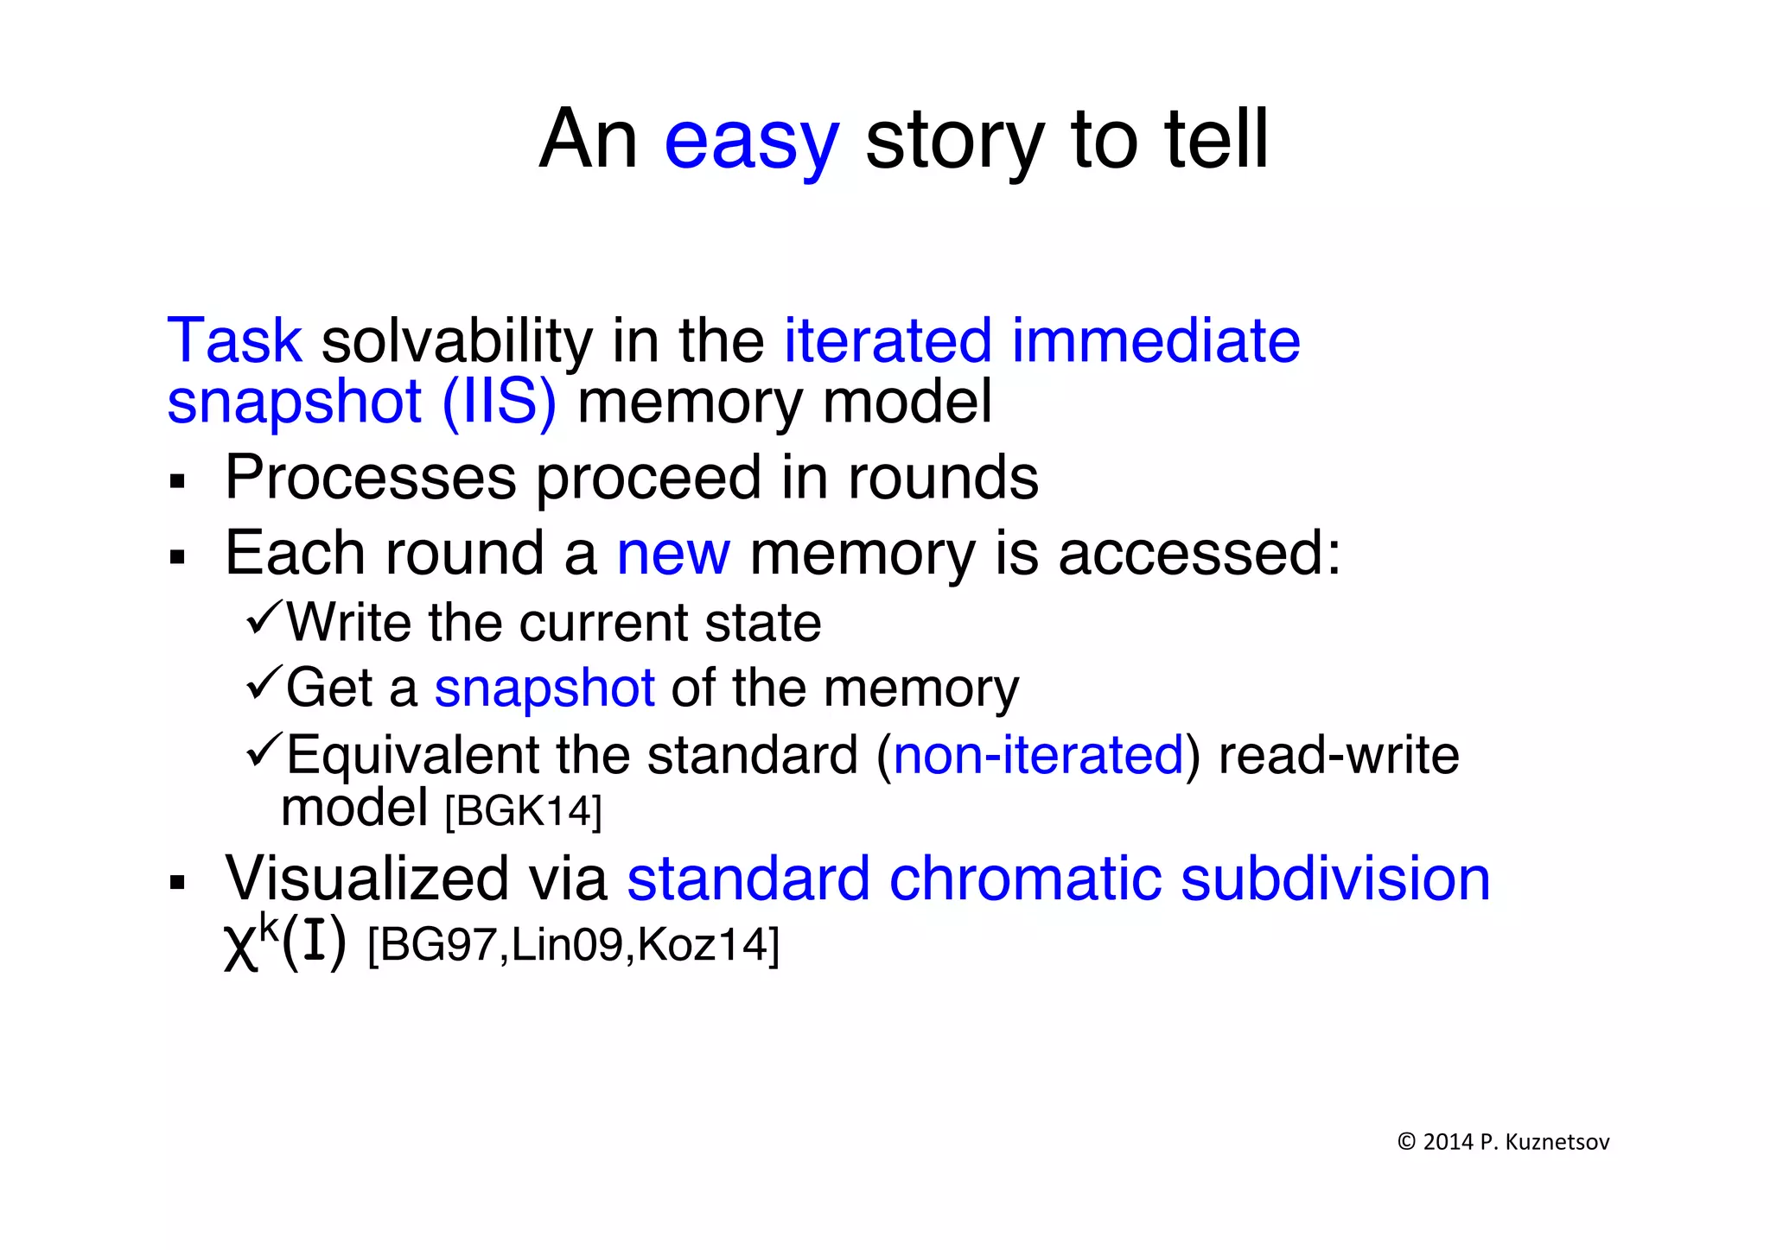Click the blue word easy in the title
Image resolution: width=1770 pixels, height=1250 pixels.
tap(751, 142)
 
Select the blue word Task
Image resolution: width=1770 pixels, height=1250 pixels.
tap(234, 340)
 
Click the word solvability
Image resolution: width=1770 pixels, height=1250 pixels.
tap(456, 342)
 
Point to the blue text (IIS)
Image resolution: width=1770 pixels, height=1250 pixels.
tap(499, 403)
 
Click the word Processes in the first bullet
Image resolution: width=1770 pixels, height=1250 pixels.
tap(370, 478)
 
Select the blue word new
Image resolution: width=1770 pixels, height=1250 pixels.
tap(673, 554)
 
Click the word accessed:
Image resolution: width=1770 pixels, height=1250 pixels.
tap(1200, 554)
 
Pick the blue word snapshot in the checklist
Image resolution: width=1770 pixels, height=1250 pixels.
tap(544, 689)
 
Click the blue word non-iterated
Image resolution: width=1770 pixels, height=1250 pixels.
tap(1038, 755)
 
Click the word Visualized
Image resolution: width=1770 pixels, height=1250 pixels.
tap(367, 879)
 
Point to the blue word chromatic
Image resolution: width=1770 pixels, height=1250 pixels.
tap(1025, 879)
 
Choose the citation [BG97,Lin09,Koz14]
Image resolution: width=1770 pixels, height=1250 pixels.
tap(573, 945)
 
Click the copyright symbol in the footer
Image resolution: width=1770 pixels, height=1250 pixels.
tap(1406, 1142)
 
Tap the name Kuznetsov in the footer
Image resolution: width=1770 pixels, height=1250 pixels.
tap(1557, 1142)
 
